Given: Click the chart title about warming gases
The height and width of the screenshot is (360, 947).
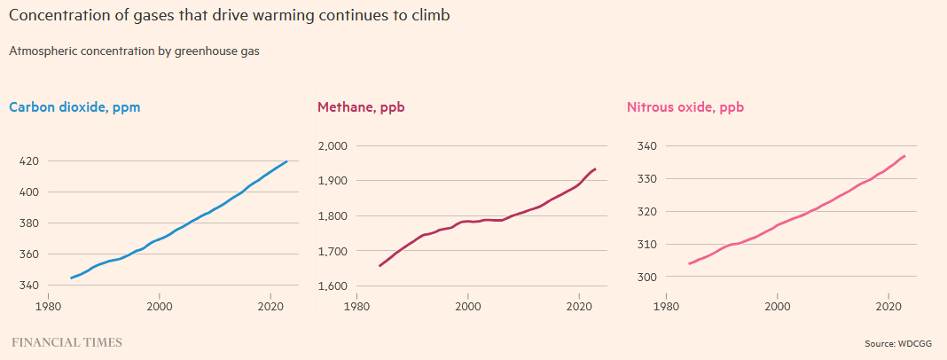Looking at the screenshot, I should (x=236, y=17).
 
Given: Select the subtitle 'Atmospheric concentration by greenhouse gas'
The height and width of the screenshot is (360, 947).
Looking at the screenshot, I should (x=134, y=51).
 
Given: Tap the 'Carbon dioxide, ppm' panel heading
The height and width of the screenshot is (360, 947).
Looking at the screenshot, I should (x=74, y=107).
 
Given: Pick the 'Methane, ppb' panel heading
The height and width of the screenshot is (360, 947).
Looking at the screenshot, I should (x=361, y=107).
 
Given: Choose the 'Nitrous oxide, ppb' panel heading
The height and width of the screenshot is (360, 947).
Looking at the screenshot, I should (x=685, y=107).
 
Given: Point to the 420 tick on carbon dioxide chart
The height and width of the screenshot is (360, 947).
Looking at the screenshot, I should (x=28, y=161).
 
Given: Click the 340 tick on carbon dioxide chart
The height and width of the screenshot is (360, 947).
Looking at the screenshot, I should (x=28, y=286).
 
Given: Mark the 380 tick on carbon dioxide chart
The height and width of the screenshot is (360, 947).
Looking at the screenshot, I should (x=28, y=223).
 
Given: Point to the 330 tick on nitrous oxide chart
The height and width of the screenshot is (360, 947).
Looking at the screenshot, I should (x=646, y=179).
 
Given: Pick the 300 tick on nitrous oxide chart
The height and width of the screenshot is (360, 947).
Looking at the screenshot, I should (x=646, y=278).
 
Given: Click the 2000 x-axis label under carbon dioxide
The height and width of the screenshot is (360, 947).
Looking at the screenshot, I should (x=160, y=307).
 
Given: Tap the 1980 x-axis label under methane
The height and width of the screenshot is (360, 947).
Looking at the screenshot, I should (x=357, y=307).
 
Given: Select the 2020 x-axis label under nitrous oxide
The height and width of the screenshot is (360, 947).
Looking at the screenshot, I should (x=888, y=307).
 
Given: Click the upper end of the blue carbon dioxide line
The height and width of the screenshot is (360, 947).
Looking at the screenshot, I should (x=286, y=161).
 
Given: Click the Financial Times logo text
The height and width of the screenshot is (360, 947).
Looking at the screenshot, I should (x=67, y=342).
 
